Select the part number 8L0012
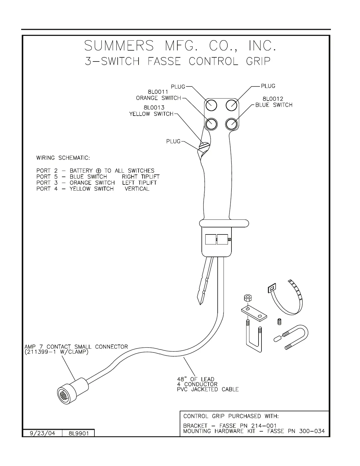click(x=273, y=99)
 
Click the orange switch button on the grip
click(x=211, y=124)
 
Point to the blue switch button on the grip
click(x=232, y=124)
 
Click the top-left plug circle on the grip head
click(x=211, y=104)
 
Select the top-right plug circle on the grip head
click(x=232, y=104)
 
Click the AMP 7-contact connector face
click(x=63, y=393)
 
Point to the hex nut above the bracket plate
click(x=247, y=299)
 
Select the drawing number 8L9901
click(x=79, y=434)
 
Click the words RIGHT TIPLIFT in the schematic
click(x=141, y=177)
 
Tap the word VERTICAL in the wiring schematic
click(x=137, y=189)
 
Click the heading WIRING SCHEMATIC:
click(x=63, y=158)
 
